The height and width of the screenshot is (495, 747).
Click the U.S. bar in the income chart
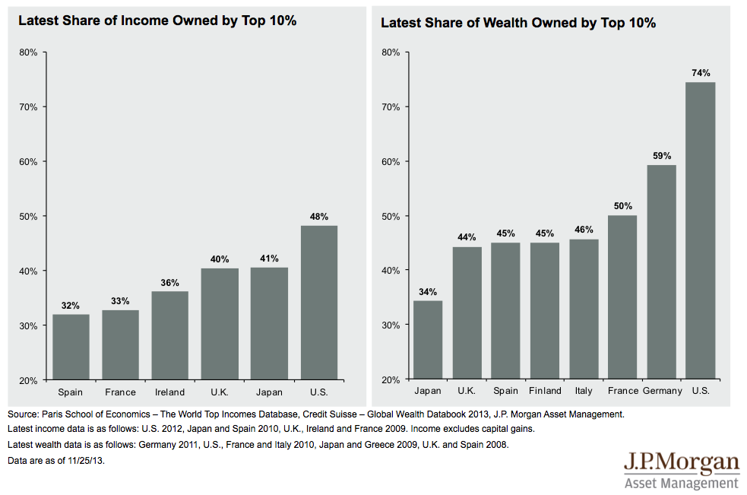319,303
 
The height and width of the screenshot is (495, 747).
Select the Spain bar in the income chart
71,347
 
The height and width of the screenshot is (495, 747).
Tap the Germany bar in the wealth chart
661,272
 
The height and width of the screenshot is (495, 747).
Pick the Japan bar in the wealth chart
427,340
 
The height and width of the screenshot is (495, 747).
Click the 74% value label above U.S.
701,73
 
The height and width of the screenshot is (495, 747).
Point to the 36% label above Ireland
169,283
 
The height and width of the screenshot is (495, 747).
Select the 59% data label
661,156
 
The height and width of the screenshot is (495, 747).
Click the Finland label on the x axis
544,391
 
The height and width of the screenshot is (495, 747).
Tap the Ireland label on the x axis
169,392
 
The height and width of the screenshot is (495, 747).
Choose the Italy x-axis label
584,391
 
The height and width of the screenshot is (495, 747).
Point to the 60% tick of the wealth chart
390,161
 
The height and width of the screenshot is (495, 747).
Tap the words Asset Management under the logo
681,483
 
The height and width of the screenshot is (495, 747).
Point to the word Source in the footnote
22,414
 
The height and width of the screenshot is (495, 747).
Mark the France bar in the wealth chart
622,297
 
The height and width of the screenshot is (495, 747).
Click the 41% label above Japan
269,259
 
